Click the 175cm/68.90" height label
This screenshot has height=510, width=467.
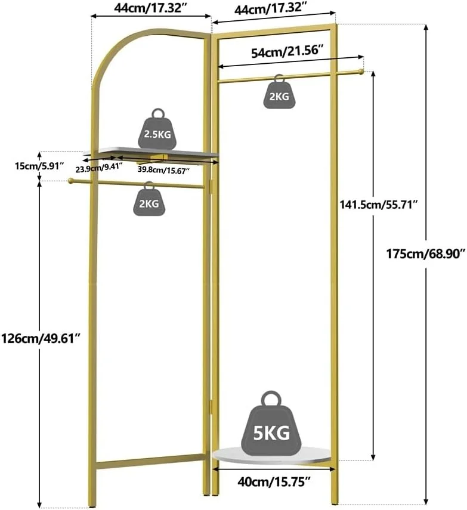pos(425,254)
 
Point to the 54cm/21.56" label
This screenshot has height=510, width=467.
pos(287,52)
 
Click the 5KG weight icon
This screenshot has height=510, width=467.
pos(271,424)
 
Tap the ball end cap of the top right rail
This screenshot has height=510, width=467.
pos(361,72)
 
